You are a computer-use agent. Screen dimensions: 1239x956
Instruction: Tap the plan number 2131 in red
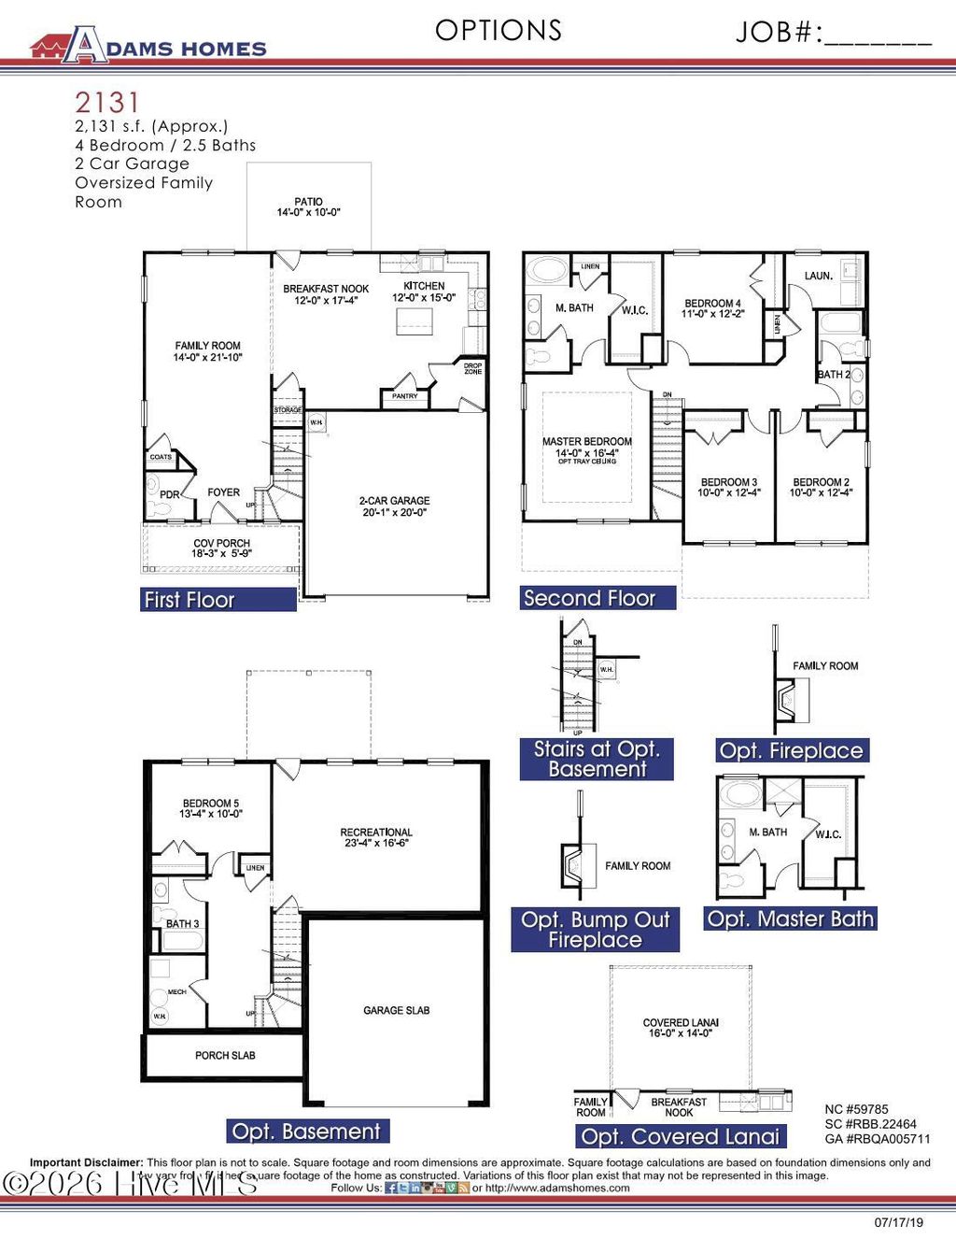tap(107, 102)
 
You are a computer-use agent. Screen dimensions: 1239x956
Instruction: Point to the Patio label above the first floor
tap(308, 206)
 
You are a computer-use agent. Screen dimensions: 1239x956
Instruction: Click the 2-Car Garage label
tap(395, 506)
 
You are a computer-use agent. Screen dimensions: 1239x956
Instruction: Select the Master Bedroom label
tap(587, 447)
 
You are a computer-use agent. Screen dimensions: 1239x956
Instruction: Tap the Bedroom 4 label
tap(712, 308)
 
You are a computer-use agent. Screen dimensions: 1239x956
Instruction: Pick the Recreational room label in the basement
tap(376, 837)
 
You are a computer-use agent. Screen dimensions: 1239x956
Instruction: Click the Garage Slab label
tap(397, 1010)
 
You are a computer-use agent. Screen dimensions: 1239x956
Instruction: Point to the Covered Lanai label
tap(681, 1028)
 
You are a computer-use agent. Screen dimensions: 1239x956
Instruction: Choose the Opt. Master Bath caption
tap(790, 919)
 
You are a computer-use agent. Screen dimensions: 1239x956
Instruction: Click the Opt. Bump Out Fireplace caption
tap(595, 930)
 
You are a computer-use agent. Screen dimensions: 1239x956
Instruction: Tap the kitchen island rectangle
tap(415, 320)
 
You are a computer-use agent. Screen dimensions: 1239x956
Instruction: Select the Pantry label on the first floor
tap(405, 396)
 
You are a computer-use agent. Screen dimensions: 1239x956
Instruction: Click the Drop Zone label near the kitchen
tap(473, 369)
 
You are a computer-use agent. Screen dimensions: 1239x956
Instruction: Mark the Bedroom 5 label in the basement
tap(211, 808)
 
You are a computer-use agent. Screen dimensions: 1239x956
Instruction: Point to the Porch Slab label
tap(225, 1055)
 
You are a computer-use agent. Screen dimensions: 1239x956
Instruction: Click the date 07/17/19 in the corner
tap(898, 1222)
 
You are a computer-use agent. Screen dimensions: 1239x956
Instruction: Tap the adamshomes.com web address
tap(557, 1189)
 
